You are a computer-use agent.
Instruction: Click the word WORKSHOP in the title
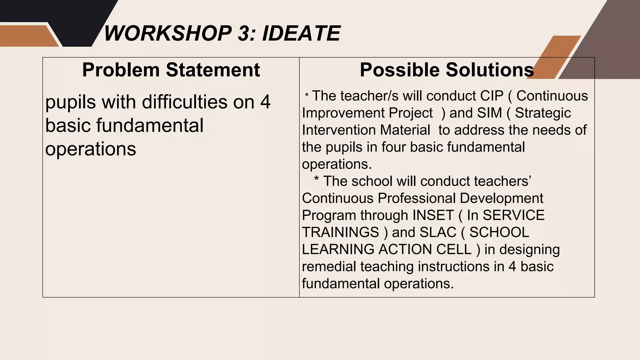tap(167, 33)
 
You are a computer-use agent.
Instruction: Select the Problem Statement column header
tap(171, 70)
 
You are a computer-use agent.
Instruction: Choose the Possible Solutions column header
tap(447, 70)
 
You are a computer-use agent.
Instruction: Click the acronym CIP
tap(492, 96)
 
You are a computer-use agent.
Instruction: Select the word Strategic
tap(543, 113)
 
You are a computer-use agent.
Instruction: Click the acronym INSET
tap(433, 215)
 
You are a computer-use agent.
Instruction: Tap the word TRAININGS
tap(340, 232)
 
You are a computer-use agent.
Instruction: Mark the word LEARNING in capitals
tap(338, 249)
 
